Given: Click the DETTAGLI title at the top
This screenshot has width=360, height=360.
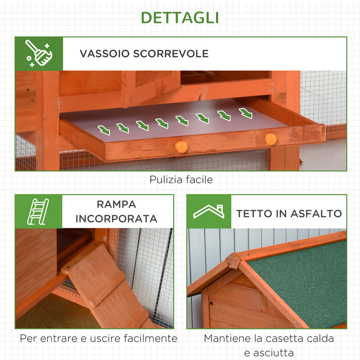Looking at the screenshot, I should tap(180, 17).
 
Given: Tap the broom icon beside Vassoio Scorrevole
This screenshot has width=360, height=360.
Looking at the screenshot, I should tap(38, 54).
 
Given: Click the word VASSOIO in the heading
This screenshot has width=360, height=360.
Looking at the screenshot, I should tap(104, 54).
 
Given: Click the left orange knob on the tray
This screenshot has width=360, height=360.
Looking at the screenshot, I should tap(181, 147).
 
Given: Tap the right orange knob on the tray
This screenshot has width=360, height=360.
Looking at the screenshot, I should tap(270, 139).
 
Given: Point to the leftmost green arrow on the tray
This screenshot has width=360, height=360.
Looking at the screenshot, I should tap(104, 130).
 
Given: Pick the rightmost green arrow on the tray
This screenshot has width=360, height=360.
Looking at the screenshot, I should tap(246, 113).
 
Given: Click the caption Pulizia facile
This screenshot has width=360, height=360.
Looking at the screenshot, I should tap(181, 180).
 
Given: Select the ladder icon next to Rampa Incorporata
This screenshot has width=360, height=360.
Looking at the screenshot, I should tap(38, 211).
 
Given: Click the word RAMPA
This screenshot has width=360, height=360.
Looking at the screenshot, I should tap(116, 204).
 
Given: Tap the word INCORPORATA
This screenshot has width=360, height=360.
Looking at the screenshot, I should tap(116, 219).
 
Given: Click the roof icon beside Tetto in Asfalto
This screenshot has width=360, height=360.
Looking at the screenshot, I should tap(209, 211).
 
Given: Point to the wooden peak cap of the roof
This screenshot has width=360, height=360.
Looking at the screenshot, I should tap(234, 260).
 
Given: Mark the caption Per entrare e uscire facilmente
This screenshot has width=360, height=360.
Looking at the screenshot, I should tap(98, 338).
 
